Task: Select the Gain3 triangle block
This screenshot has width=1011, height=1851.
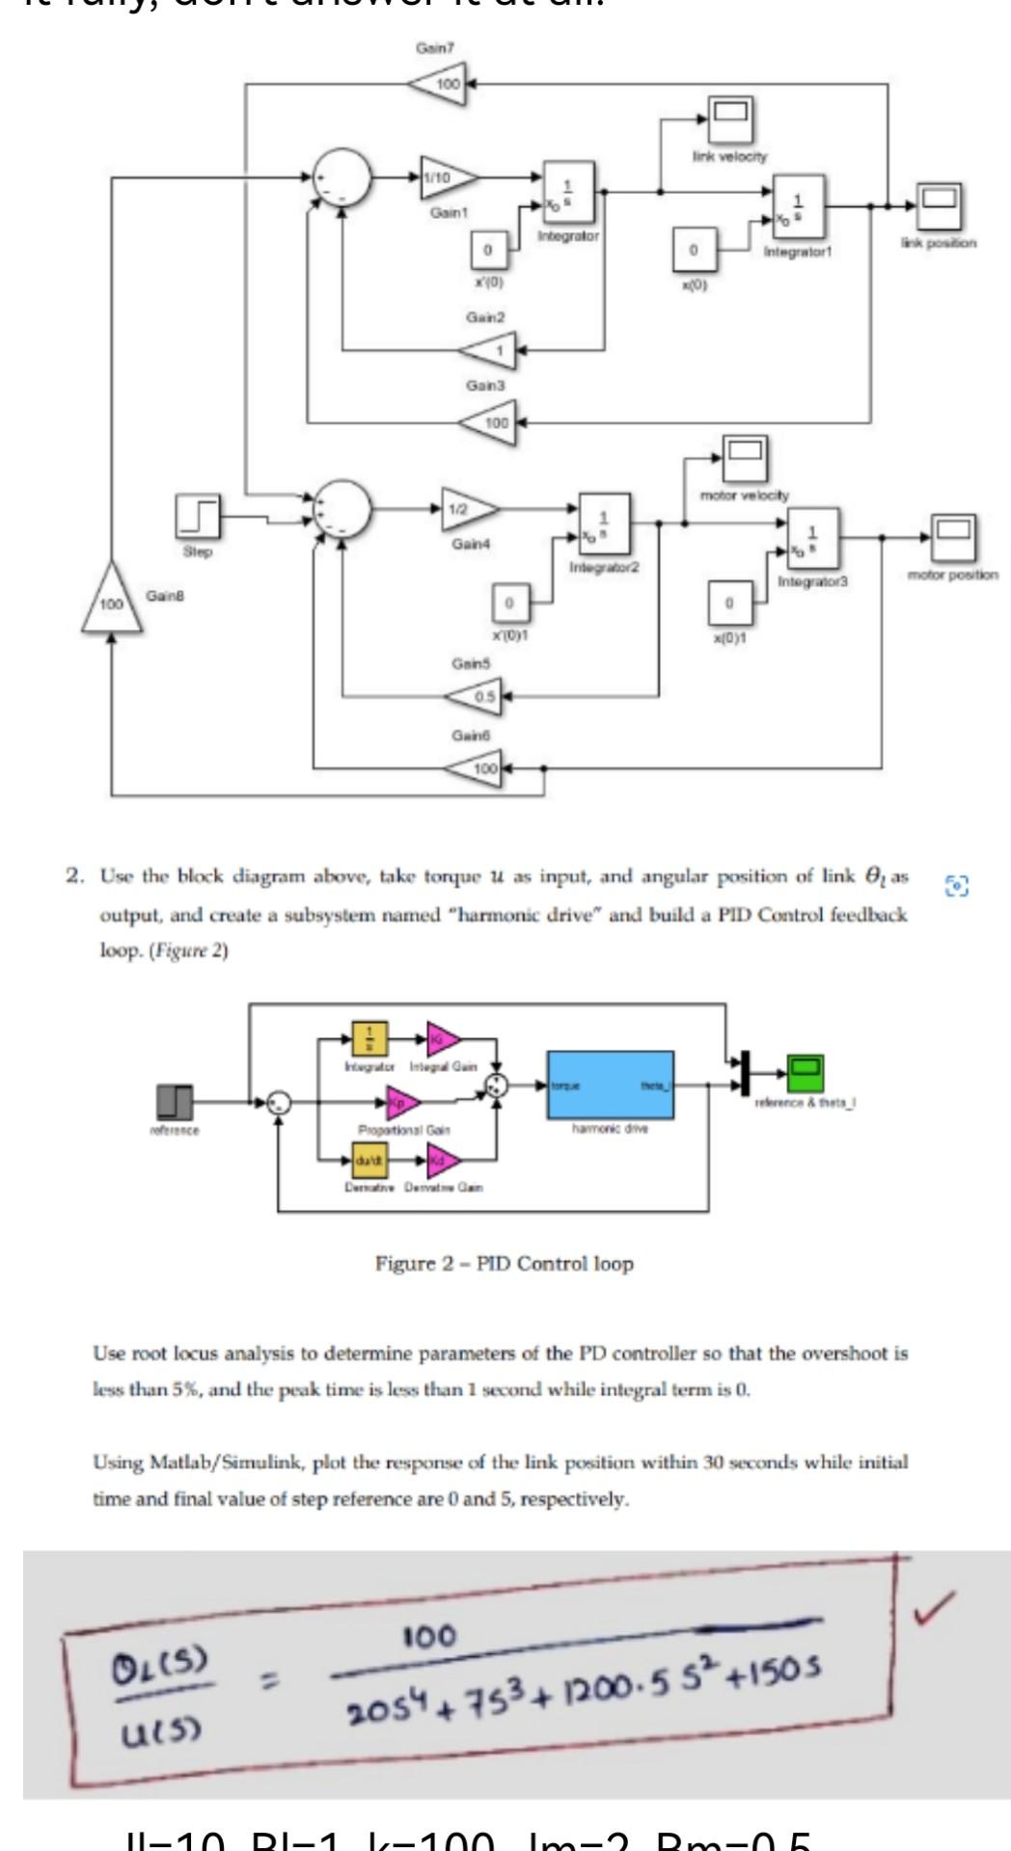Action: (489, 422)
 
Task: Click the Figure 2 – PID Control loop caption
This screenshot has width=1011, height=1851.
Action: (505, 1263)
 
